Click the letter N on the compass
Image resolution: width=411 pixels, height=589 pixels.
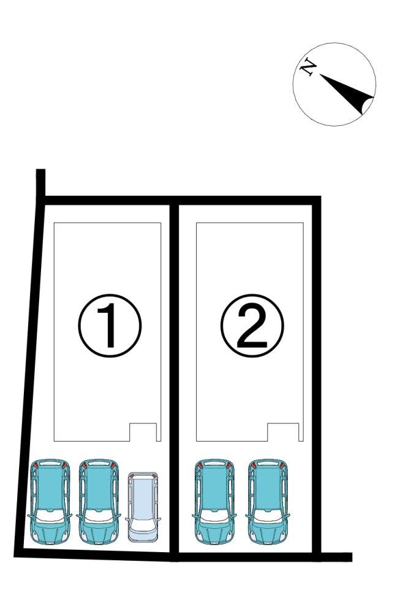pos(308,67)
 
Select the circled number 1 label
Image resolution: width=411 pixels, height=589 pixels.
pos(110,325)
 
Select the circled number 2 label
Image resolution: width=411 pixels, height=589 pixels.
pos(252,325)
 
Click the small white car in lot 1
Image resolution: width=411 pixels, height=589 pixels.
pos(143,507)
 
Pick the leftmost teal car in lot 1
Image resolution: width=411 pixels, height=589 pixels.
pos(50,501)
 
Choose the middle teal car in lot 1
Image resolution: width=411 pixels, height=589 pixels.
pos(99,501)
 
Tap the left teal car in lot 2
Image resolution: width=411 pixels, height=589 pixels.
pos(214,501)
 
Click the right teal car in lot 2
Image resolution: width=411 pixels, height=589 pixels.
pos(268,501)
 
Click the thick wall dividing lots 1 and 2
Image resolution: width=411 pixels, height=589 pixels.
pos(174,379)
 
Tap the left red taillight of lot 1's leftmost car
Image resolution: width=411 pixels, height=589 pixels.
pos(36,466)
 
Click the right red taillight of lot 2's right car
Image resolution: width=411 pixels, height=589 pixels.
pos(282,466)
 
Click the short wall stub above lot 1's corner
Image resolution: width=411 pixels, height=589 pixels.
pos(41,183)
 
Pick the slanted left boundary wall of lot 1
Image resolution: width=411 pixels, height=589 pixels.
pos(29,375)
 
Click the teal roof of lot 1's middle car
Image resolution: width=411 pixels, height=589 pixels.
pos(99,488)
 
